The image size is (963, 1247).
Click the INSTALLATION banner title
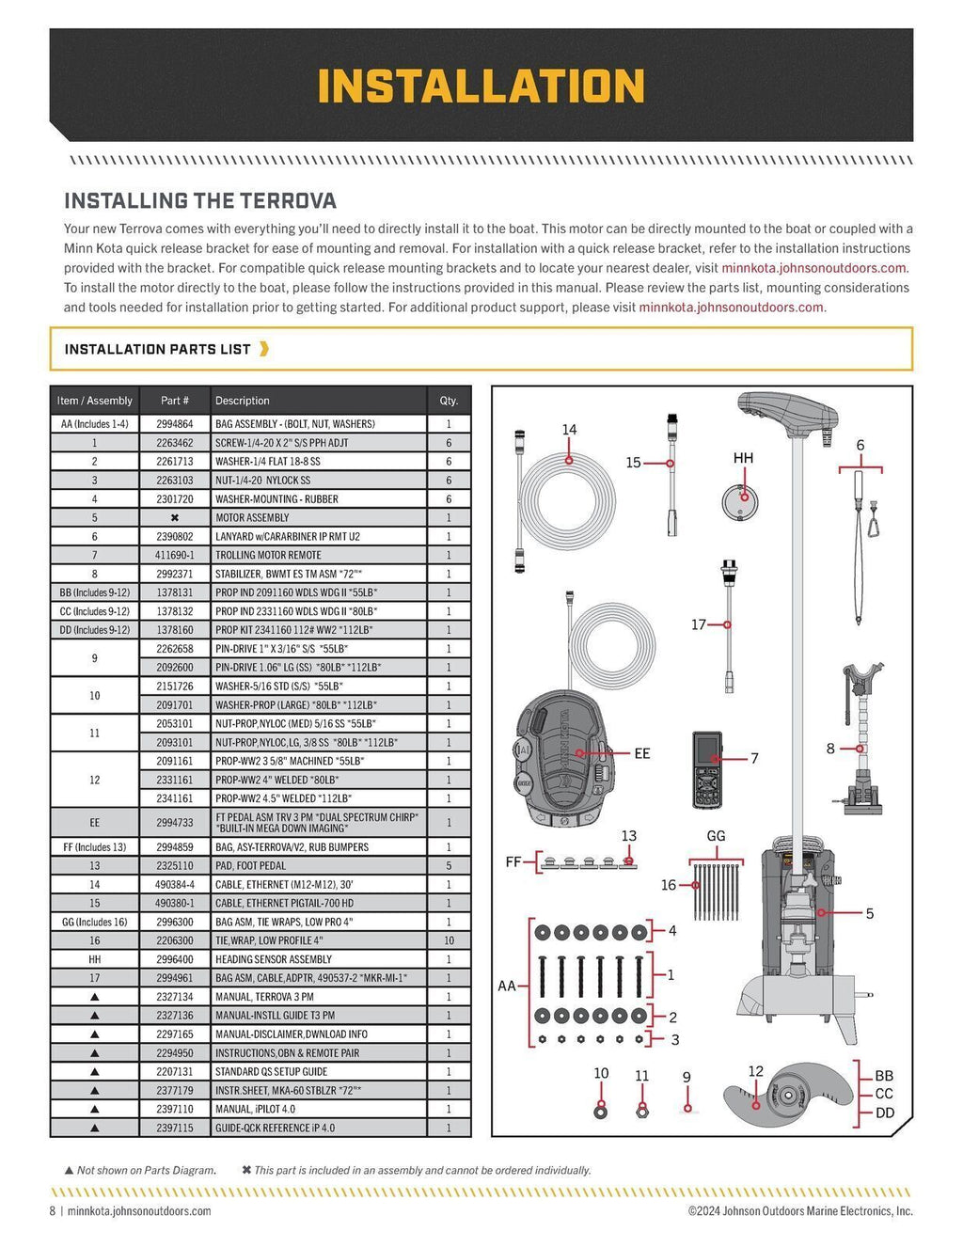(x=481, y=86)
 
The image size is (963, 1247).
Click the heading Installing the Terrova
(x=199, y=200)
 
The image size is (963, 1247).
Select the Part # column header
(x=174, y=401)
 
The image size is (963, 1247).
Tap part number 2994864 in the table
(x=174, y=424)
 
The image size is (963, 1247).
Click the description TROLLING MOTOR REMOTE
(x=268, y=555)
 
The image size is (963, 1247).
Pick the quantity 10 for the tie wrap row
(x=449, y=940)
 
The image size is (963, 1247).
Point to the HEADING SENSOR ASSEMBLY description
(x=273, y=959)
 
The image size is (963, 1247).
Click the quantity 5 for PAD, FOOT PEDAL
(x=449, y=865)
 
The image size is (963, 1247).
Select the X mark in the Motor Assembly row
(x=174, y=518)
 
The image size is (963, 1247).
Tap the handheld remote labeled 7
(x=706, y=769)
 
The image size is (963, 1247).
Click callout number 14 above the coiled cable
(x=569, y=430)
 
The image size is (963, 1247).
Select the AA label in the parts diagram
(x=507, y=986)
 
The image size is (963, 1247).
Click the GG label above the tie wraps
(x=716, y=836)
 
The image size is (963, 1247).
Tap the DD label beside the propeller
(x=884, y=1113)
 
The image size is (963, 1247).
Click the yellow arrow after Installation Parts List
(x=264, y=349)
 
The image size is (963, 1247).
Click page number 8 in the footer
(x=53, y=1211)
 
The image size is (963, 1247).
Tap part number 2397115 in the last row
(x=174, y=1128)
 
